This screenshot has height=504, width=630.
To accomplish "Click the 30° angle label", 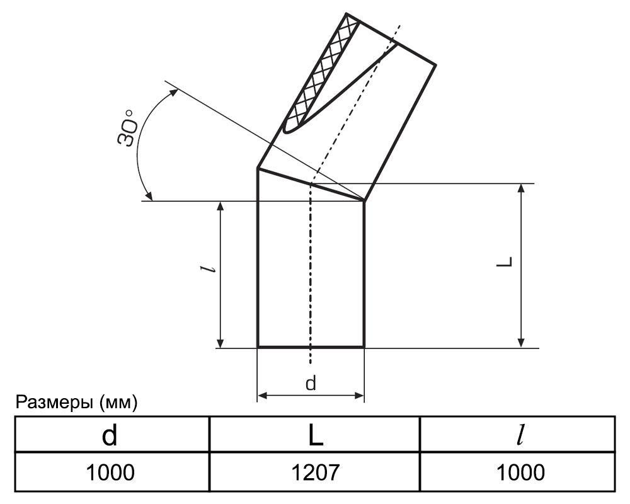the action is pos(127,128).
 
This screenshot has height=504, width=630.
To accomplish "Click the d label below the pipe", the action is pos(311,383).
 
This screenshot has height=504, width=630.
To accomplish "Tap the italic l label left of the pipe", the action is pos(209,269).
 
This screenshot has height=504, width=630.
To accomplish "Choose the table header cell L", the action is pos(316,435).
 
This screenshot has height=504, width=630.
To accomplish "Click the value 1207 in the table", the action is pos(316,472).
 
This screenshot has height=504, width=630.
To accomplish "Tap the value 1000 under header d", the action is pos(110,472).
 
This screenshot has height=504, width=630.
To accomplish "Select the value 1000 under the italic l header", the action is pos(521,472).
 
